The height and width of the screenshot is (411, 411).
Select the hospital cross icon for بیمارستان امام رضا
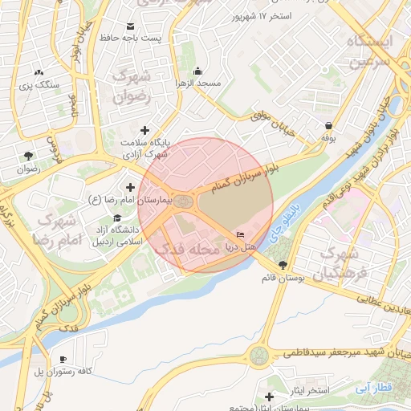[130, 186]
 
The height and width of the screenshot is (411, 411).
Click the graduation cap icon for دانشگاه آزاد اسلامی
[119, 218]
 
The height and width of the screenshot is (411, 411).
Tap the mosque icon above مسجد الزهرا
[198, 71]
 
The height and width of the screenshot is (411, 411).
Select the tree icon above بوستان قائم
[282, 264]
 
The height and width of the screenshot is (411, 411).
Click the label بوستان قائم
[282, 278]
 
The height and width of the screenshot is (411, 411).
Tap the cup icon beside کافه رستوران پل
[63, 359]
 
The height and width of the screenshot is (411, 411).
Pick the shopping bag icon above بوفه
[329, 125]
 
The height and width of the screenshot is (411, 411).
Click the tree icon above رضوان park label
[29, 156]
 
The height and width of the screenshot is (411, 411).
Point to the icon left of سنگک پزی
[40, 72]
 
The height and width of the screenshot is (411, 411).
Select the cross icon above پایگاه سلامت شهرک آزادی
[144, 130]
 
